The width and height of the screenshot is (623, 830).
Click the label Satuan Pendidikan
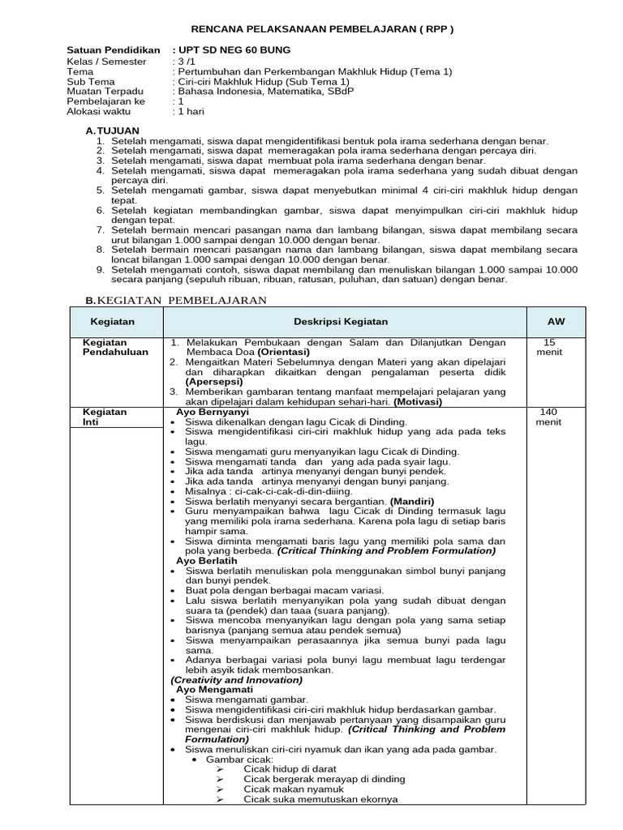pyautogui.click(x=113, y=50)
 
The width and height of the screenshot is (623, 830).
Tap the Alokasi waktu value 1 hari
pyautogui.click(x=189, y=111)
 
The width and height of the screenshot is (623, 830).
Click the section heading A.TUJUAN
pyautogui.click(x=113, y=130)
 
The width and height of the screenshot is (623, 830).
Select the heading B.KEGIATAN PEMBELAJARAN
pyautogui.click(x=176, y=301)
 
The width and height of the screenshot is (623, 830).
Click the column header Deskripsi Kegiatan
pyautogui.click(x=341, y=322)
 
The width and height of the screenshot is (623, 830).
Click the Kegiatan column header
pyautogui.click(x=111, y=322)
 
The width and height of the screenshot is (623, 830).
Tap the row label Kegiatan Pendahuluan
pyautogui.click(x=111, y=348)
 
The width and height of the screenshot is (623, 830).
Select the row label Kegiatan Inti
pyautogui.click(x=105, y=417)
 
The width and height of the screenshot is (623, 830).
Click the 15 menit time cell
pyautogui.click(x=549, y=348)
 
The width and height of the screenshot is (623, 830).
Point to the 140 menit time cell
pyautogui.click(x=549, y=417)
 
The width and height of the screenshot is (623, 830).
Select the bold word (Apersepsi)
pyautogui.click(x=213, y=381)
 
